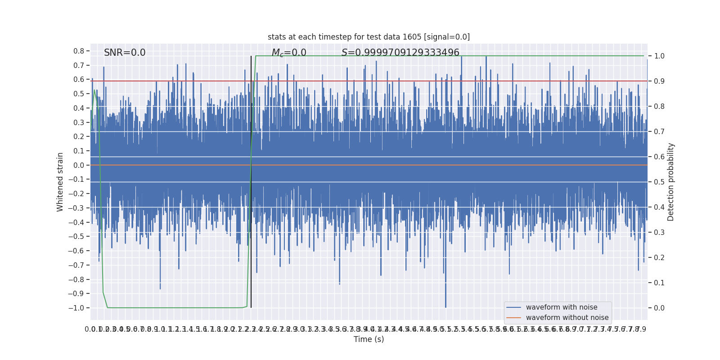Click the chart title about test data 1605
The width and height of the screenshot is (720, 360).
(369, 37)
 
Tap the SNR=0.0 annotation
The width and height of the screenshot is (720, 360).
(125, 53)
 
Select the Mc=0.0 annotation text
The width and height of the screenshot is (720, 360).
(289, 53)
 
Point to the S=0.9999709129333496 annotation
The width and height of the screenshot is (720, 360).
(400, 53)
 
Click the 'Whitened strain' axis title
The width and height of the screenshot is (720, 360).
(60, 182)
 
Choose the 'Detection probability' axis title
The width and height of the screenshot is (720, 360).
(671, 182)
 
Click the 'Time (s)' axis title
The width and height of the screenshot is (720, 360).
(369, 339)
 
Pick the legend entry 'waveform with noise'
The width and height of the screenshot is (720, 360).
(562, 307)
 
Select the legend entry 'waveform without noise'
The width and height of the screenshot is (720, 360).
(567, 318)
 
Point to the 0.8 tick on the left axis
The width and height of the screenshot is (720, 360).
(79, 51)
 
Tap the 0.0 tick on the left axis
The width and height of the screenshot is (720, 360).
(79, 165)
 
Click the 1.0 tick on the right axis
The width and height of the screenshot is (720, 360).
(659, 56)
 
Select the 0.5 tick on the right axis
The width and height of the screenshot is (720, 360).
(659, 182)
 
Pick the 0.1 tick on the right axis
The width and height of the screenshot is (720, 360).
(659, 283)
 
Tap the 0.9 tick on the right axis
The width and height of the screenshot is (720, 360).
(659, 81)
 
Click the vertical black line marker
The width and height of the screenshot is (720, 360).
(251, 180)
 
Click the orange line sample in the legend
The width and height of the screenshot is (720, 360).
(513, 318)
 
